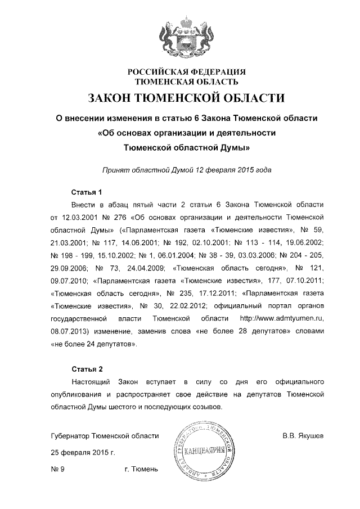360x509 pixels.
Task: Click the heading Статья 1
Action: pos(87,191)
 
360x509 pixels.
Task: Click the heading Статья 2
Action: pos(87,370)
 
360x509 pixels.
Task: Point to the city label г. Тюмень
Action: pos(141,469)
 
